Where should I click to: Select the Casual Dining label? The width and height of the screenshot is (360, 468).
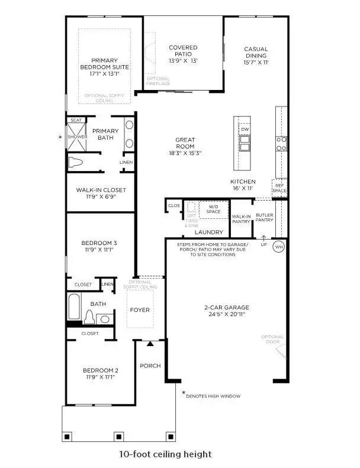tap(256, 52)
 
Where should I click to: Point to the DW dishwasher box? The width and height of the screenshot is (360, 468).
tap(245, 128)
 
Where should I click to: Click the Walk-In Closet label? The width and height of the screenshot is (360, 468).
tap(101, 190)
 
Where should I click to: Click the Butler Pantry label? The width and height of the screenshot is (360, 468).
tap(264, 217)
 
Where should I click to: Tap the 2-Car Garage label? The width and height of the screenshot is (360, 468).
tap(226, 308)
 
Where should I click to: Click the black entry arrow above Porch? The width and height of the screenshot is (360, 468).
tap(150, 344)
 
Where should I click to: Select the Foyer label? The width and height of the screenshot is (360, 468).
tap(140, 310)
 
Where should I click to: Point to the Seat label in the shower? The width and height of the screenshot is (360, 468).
tap(76, 120)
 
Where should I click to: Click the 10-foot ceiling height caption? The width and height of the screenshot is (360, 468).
tap(165, 454)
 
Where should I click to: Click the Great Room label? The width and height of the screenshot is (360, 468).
tap(185, 140)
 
